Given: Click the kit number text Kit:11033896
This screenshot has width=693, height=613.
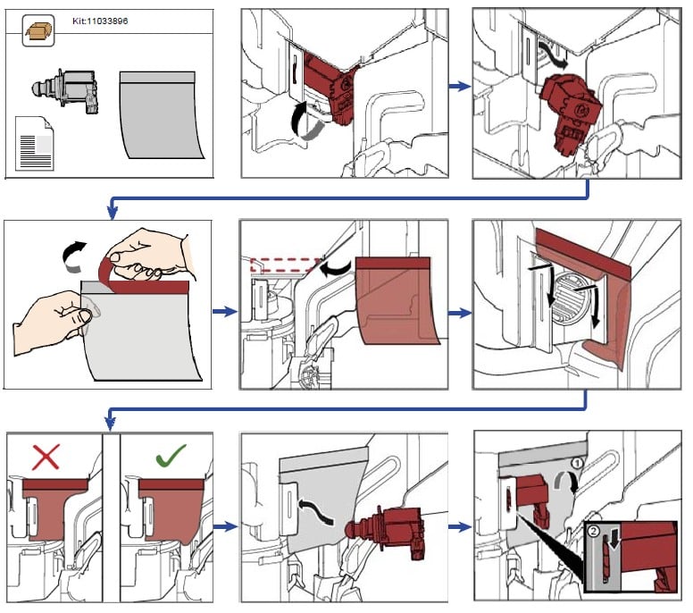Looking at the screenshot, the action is point(100,21).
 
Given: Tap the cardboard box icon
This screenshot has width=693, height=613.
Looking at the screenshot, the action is point(38,30).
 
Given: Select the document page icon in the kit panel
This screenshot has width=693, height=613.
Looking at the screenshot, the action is point(35,143).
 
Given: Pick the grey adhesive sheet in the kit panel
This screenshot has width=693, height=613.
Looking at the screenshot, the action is point(162,115).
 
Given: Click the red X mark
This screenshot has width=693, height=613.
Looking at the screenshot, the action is point(46,457).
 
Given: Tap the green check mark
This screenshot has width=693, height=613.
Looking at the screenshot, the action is point(171,454).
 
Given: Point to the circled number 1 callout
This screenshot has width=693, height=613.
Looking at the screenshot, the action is point(577,463).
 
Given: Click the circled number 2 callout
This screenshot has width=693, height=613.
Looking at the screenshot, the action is point(594,531).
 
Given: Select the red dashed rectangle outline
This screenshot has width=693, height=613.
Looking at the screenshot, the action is point(286,265).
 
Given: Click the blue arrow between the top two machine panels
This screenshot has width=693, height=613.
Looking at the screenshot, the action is point(460,86).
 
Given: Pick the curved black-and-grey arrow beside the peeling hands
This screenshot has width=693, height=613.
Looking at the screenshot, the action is point(74,256).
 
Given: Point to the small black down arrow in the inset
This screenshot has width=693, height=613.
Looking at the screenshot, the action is point(614,536).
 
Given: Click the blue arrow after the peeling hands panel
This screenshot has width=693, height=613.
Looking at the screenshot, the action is point(225,311).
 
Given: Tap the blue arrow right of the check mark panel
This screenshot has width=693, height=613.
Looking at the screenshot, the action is point(225,526).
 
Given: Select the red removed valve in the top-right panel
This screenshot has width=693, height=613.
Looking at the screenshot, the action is point(571,114).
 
